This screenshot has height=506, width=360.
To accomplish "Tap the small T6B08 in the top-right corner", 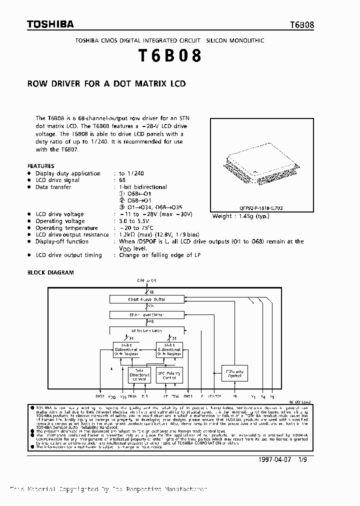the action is [x=302, y=25].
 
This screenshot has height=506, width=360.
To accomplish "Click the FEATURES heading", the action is [x=40, y=166].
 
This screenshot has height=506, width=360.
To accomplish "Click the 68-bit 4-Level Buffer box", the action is [x=146, y=299].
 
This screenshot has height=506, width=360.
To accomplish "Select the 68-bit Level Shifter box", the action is [x=146, y=315].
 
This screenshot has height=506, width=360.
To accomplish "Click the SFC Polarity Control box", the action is [x=168, y=374].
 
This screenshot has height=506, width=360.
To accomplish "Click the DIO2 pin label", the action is [x=99, y=396].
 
